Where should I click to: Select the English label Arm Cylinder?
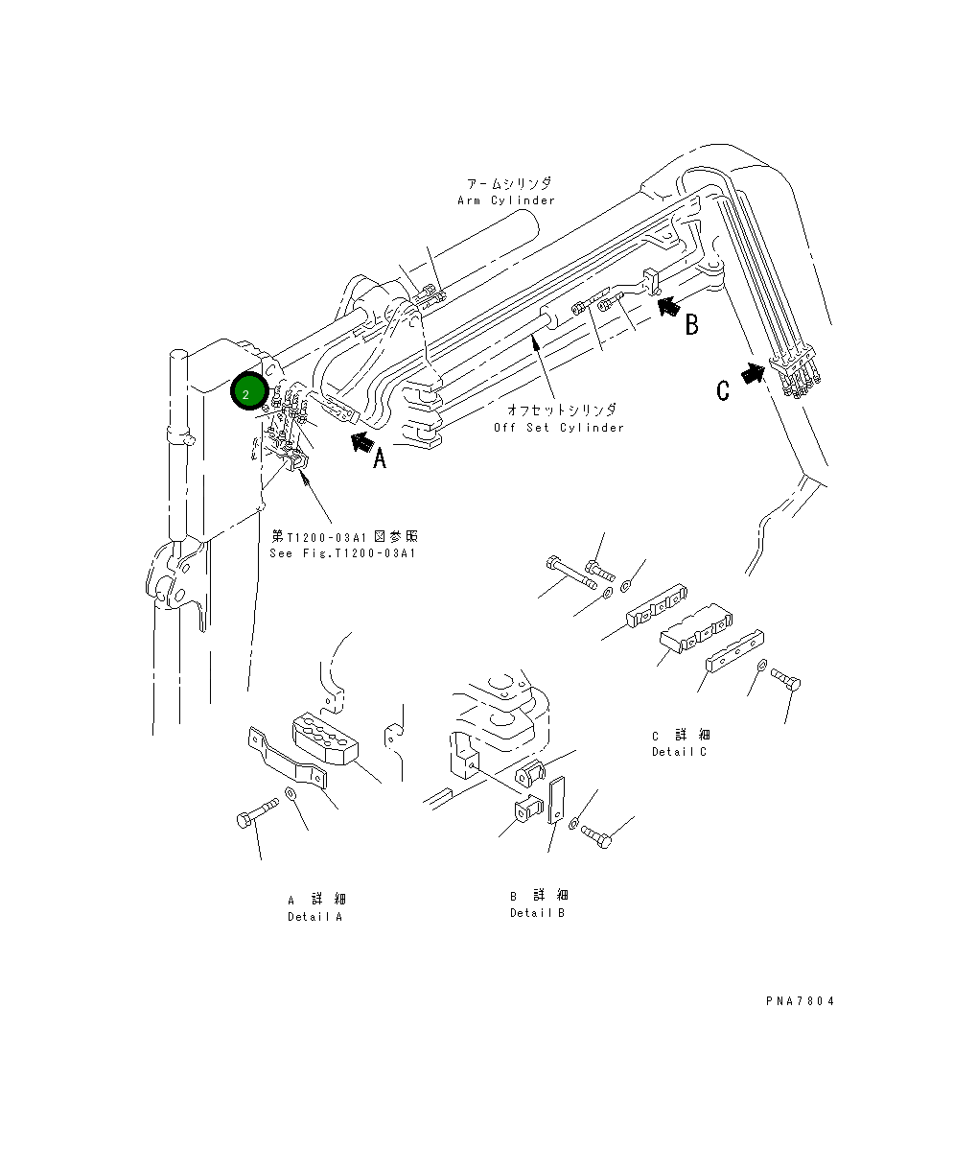coord(506,200)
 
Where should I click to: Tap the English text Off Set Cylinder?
coord(558,427)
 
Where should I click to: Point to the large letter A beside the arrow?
coord(380,459)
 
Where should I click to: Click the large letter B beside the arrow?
coord(691,324)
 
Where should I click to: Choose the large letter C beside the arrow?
coord(724,389)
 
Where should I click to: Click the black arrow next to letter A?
coord(360,441)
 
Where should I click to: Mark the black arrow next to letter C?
coord(754,372)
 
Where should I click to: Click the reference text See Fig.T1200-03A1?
coord(343,553)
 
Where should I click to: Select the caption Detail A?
coord(314,916)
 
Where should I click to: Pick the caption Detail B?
coord(537,912)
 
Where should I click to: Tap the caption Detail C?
coord(679,751)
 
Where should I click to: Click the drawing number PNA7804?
coord(800,1001)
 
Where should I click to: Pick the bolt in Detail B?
coord(594,836)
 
